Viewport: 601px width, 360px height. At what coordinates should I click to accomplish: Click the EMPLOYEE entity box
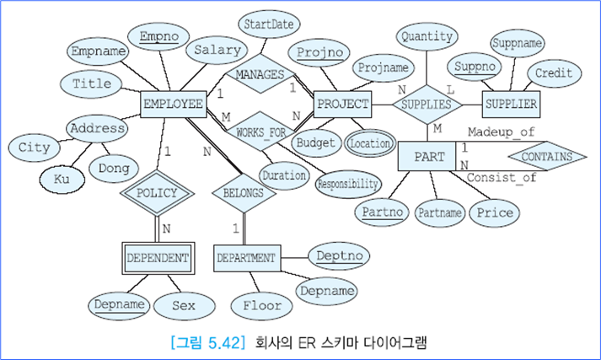174,104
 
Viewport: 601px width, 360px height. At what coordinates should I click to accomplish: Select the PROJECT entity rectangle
342,104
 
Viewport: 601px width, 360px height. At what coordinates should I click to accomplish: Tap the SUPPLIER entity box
511,104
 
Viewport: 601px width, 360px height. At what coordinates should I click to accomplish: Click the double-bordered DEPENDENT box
158,257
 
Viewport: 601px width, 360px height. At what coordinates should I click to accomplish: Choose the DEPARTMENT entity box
246,257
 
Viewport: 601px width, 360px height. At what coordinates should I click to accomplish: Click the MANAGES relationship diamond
260,74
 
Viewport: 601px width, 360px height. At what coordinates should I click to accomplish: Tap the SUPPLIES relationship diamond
427,104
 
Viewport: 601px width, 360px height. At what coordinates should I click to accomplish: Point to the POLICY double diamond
157,192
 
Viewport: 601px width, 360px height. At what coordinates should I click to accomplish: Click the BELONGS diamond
244,192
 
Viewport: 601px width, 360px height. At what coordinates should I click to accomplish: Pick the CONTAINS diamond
547,157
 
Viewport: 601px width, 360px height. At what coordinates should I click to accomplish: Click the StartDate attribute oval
269,24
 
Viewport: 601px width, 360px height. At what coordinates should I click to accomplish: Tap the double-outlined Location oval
369,144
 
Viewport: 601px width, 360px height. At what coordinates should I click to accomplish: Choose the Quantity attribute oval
427,36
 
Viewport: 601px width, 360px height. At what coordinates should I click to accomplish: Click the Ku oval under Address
61,179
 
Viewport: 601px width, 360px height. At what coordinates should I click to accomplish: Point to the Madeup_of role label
501,132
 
